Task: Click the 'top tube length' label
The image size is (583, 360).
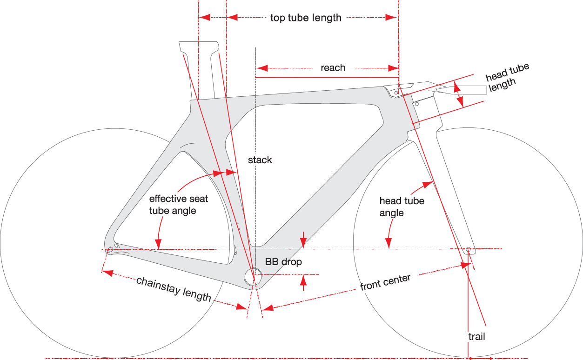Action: point(306,18)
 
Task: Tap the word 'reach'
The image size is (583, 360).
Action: point(333,68)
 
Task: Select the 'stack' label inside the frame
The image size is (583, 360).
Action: point(260,160)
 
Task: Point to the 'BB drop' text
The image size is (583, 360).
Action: point(283,262)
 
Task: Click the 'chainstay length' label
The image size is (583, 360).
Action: point(174,289)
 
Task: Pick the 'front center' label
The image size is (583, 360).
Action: point(385,282)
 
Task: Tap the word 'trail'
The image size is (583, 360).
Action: point(476,336)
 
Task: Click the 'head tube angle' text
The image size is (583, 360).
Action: point(402,207)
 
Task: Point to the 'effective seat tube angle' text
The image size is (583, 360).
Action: point(179,205)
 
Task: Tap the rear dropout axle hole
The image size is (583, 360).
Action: point(110,250)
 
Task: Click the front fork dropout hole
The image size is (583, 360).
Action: point(469,249)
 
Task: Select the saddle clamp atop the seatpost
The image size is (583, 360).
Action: point(199,47)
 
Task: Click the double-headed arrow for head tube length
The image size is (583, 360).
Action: point(459,95)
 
